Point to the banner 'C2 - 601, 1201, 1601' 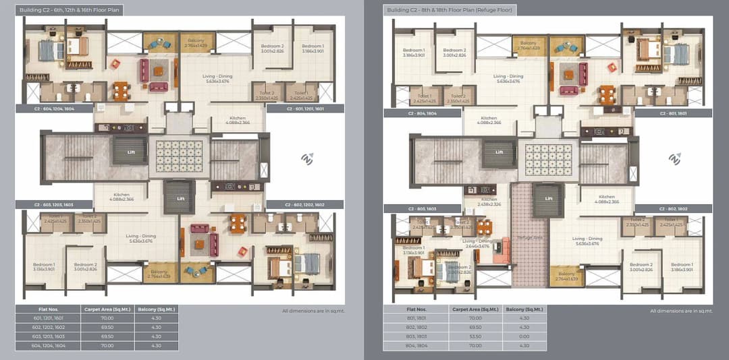[x=305, y=108]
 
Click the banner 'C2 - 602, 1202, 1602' [x=305, y=204]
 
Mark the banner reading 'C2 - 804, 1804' [x=423, y=113]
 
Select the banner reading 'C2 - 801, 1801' [x=672, y=113]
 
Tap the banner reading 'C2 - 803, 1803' [x=423, y=209]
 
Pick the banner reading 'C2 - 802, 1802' [x=672, y=209]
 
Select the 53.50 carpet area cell [x=475, y=336]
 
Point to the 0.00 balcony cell [x=523, y=336]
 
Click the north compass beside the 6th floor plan [x=308, y=159]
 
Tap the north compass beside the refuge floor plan [x=674, y=160]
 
